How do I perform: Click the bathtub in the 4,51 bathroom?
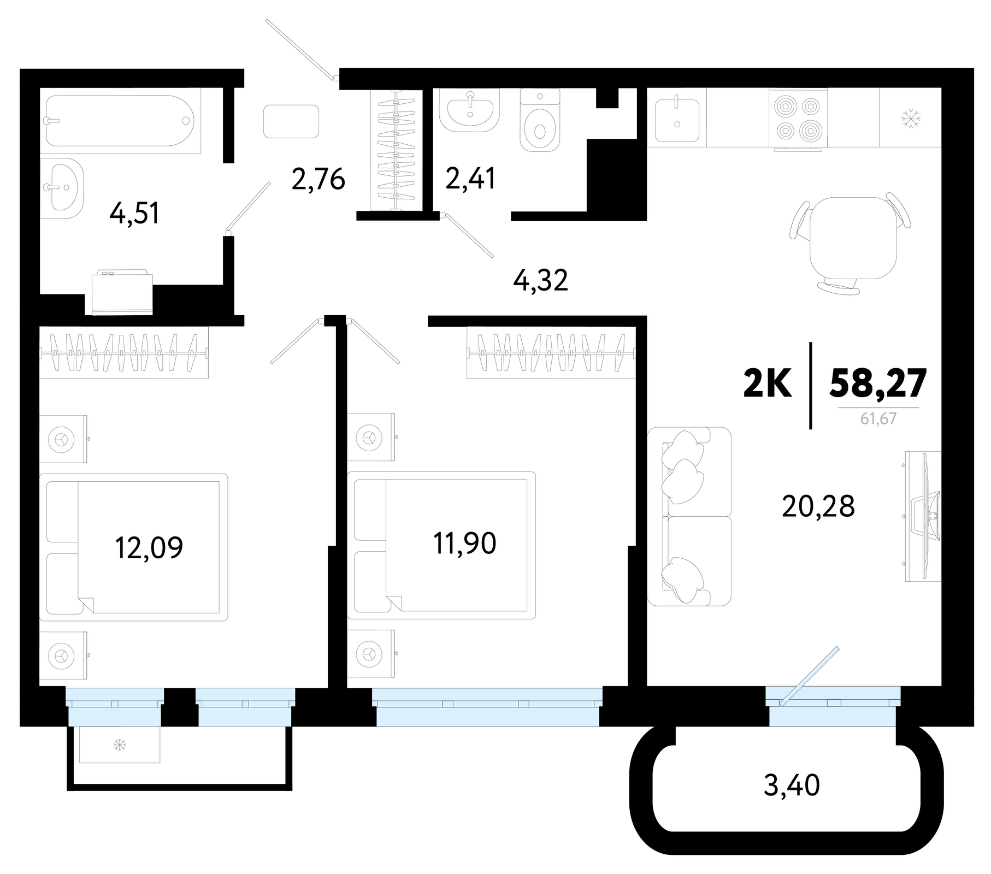pyautogui.click(x=119, y=121)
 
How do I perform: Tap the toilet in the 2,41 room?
pyautogui.click(x=540, y=120)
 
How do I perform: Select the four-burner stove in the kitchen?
pyautogui.click(x=798, y=118)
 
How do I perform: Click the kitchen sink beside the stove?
pyautogui.click(x=677, y=120)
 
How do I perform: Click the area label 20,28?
pyautogui.click(x=818, y=506)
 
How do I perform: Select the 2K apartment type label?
pyautogui.click(x=768, y=383)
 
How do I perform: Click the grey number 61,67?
pyautogui.click(x=878, y=419)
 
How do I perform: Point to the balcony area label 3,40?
pyautogui.click(x=792, y=786)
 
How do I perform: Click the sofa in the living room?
pyautogui.click(x=689, y=516)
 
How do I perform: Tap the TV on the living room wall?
pyautogui.click(x=923, y=516)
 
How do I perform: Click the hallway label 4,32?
pyautogui.click(x=541, y=280)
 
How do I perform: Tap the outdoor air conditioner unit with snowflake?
pyautogui.click(x=120, y=745)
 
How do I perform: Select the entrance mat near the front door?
pyautogui.click(x=291, y=121)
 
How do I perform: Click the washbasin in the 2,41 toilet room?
pyautogui.click(x=470, y=111)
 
